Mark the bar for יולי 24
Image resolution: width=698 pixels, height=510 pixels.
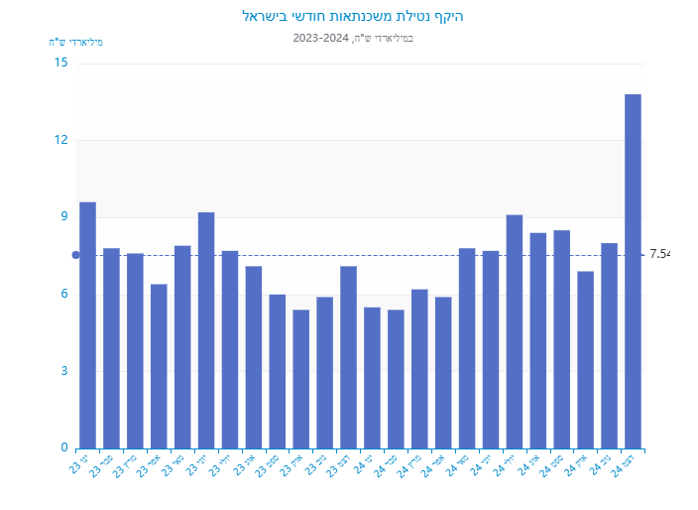point(515,331)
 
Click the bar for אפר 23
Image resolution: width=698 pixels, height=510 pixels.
point(159,366)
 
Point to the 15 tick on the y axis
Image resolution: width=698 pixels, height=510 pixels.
point(61,63)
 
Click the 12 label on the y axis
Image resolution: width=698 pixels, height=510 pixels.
point(61,140)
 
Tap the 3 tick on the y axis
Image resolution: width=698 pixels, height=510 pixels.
point(64,371)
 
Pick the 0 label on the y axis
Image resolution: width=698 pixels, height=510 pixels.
point(64,448)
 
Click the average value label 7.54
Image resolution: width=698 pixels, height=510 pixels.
point(659,255)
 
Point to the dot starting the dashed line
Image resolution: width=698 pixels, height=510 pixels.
point(75,255)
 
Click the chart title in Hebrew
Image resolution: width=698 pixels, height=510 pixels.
point(353,17)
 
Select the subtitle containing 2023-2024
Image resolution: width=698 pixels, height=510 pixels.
point(353,38)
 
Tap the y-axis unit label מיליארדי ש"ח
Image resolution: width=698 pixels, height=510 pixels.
point(76,42)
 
